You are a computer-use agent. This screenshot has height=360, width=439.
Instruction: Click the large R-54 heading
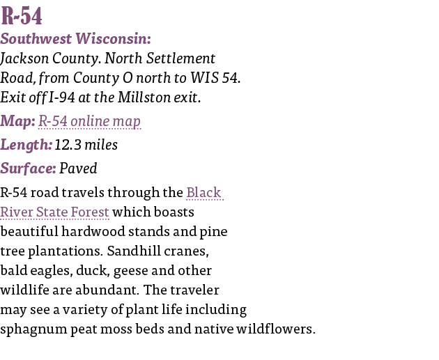(22, 15)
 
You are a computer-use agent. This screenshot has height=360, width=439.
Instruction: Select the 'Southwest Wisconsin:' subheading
(75, 38)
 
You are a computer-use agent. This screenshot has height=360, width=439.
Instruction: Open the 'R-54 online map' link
(89, 121)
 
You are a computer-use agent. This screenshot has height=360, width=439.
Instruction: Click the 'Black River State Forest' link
(111, 202)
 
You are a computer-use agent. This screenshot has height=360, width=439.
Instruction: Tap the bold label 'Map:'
(17, 121)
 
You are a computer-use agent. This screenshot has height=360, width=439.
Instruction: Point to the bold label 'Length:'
(26, 145)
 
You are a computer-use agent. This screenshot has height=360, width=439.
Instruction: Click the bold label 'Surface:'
(28, 168)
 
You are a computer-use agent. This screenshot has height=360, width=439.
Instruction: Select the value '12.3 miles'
(86, 145)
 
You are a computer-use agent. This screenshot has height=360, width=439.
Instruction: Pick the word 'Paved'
(78, 168)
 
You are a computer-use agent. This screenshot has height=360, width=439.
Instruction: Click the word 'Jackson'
(24, 58)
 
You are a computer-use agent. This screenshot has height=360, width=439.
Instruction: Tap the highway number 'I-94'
(62, 97)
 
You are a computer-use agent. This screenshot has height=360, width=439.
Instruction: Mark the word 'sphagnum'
(33, 329)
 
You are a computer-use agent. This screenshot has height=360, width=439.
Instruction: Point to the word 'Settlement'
(181, 58)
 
